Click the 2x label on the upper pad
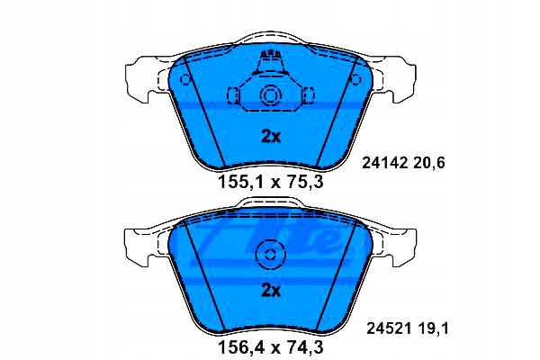coord(269,138)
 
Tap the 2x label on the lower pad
coord(269,290)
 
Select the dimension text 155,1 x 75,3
coord(269,183)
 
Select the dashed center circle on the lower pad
coord(269,255)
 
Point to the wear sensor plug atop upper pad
coord(269,64)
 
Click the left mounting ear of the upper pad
coord(144,76)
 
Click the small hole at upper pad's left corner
coord(186,78)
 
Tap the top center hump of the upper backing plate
coord(269,38)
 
